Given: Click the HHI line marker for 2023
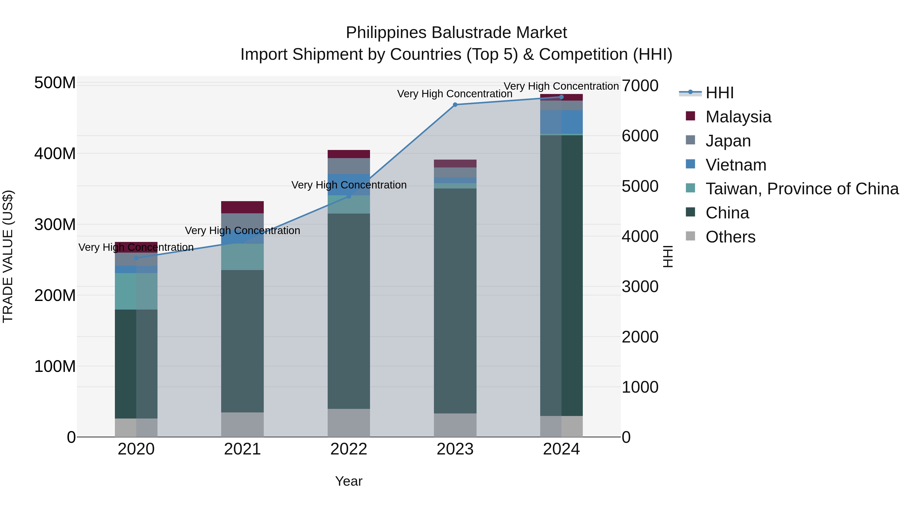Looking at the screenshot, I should tap(455, 105).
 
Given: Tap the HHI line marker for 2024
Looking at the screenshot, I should tap(561, 97).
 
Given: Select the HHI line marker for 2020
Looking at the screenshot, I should tap(136, 258).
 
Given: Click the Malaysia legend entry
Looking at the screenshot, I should tap(738, 117).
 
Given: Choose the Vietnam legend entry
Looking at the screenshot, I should tap(735, 165).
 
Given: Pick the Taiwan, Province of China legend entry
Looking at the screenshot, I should tap(802, 189).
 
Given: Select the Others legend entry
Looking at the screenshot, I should tap(730, 237).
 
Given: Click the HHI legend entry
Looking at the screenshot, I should tap(719, 93).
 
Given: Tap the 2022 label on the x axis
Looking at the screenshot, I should tap(349, 449).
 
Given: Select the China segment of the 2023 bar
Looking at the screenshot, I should tap(455, 301).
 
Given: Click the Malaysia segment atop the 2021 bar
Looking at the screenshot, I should tap(242, 207).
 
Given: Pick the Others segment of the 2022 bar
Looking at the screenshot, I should tap(349, 423).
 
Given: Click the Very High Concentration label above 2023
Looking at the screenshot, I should tap(455, 94).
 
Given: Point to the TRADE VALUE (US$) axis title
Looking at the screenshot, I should tap(8, 256).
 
